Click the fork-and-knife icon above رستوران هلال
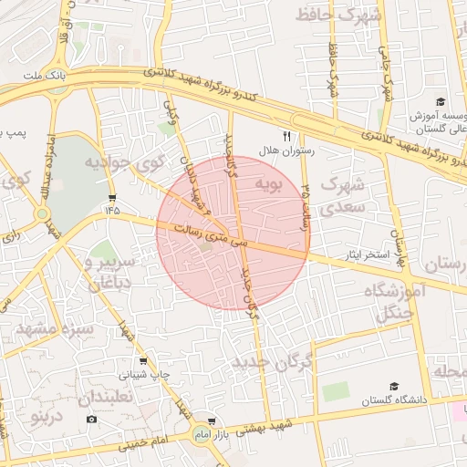pos(285,135)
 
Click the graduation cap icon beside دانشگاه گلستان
pos(394,387)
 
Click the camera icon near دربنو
pos(91,419)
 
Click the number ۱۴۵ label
pos(111,210)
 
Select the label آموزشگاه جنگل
pos(395,302)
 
